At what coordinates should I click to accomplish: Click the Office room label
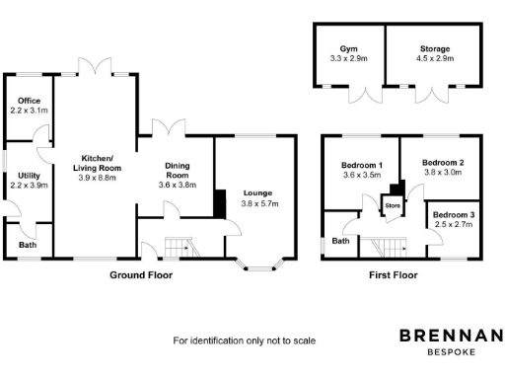[29, 101]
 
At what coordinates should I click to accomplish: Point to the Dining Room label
[178, 173]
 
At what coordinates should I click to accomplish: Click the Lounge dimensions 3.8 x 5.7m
[260, 204]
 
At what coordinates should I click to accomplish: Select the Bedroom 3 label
[453, 214]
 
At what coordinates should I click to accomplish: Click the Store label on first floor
[392, 205]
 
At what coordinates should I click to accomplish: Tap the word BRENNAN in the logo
[451, 337]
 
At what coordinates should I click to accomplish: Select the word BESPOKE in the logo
[451, 352]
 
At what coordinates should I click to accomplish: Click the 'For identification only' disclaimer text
[244, 341]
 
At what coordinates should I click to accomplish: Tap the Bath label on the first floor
[341, 240]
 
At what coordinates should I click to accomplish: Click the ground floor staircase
[179, 247]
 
